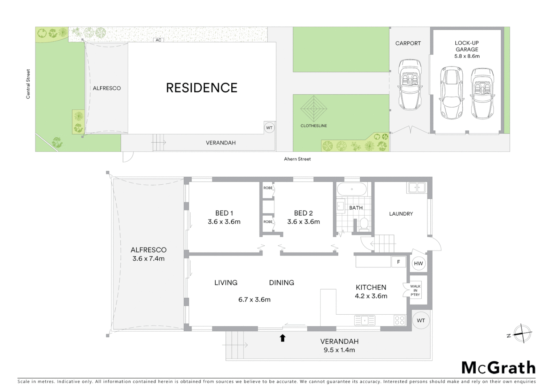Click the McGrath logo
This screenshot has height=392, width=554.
[x=499, y=368]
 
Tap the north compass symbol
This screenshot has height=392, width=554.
[x=522, y=333]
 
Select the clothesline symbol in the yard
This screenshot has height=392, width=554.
[x=314, y=109]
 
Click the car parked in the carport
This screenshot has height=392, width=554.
[x=410, y=84]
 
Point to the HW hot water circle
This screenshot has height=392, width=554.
[x=418, y=264]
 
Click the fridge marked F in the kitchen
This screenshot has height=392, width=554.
[x=398, y=262]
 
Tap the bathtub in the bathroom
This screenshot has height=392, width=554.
[x=352, y=189]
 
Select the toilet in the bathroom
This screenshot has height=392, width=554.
[x=364, y=224]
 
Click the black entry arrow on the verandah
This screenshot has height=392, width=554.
[x=282, y=338]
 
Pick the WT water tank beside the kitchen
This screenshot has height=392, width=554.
[x=421, y=320]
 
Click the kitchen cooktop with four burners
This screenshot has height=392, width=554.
[x=400, y=320]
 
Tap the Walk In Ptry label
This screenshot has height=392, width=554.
[x=415, y=290]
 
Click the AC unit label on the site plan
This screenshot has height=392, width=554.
[x=158, y=40]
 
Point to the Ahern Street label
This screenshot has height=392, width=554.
[x=297, y=159]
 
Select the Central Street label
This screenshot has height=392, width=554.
[x=28, y=84]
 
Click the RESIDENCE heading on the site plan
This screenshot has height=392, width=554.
[x=202, y=88]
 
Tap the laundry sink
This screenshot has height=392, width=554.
[x=417, y=188]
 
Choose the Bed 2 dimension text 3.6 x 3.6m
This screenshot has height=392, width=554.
[x=303, y=222]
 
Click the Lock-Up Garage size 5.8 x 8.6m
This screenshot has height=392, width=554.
[x=467, y=56]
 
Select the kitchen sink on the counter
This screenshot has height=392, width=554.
[x=365, y=320]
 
